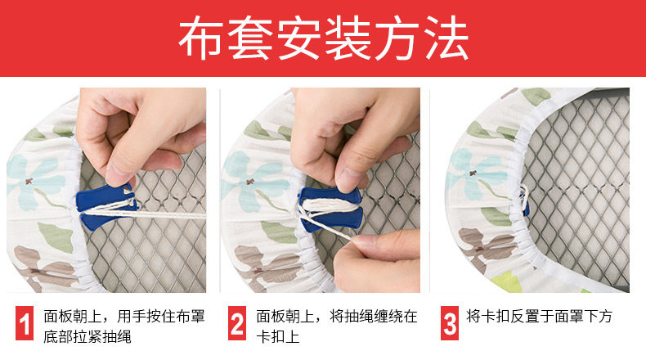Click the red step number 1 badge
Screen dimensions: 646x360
[x=25, y=323]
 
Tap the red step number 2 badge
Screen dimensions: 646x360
[x=237, y=323]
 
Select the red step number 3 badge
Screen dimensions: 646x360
[x=450, y=323]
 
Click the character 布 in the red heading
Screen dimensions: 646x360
[x=200, y=38]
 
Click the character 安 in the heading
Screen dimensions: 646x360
[x=299, y=38]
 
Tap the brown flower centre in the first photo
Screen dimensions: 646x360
[x=29, y=181]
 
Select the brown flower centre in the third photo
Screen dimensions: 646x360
[x=472, y=173]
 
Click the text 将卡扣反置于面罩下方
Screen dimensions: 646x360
[x=540, y=317]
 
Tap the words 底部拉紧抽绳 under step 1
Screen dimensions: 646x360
[x=87, y=336]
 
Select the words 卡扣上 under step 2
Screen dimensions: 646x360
[x=278, y=336]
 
